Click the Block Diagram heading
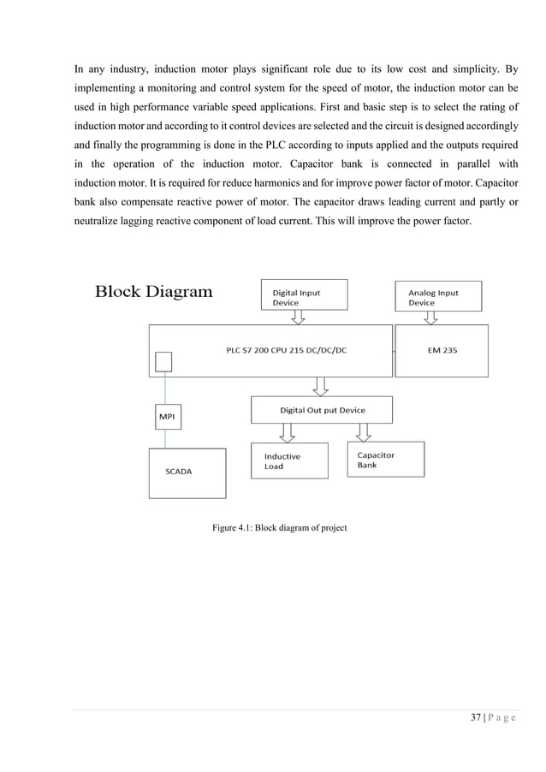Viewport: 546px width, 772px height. click(153, 292)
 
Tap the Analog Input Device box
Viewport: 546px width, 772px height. click(439, 296)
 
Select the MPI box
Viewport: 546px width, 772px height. click(165, 418)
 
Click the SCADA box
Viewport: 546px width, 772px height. click(188, 472)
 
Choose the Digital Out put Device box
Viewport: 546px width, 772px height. click(322, 410)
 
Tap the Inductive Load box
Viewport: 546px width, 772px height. click(288, 461)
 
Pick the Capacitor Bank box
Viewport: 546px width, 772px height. click(385, 460)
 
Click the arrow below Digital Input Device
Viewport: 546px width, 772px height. click(298, 317)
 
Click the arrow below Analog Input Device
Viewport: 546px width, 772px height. click(431, 317)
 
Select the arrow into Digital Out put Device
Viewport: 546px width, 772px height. click(320, 387)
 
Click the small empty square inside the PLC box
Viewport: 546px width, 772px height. click(163, 362)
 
